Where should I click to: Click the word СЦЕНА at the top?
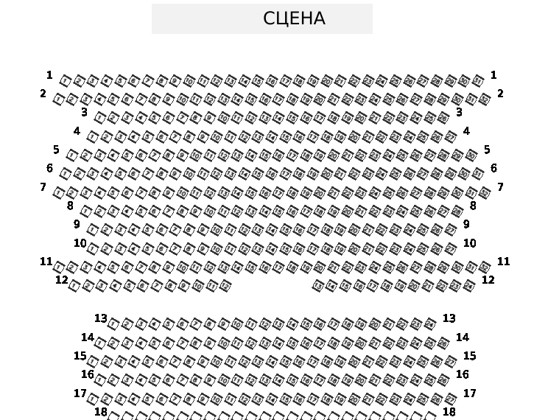[294, 18]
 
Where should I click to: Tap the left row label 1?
[49, 75]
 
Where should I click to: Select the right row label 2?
[500, 94]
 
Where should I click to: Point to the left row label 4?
[77, 131]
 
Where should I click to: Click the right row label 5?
[487, 150]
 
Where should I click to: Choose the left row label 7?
[43, 187]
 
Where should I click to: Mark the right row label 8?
[473, 206]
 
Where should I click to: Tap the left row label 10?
[80, 243]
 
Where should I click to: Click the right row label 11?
[503, 262]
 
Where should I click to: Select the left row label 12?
[62, 280]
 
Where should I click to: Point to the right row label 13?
[449, 318]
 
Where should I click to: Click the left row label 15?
[80, 356]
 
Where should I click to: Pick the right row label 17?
[469, 393]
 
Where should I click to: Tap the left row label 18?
[101, 412]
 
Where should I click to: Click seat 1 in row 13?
[113, 323]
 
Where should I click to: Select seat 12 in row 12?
[225, 285]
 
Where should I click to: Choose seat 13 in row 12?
[318, 285]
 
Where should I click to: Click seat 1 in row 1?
[66, 80]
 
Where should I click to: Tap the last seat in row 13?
[430, 323]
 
